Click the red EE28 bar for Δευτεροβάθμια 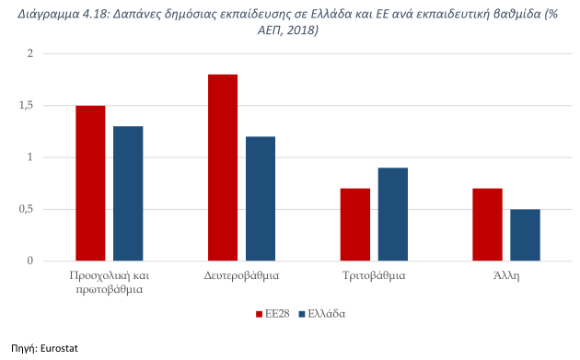(223, 168)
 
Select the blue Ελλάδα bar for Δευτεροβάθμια (261, 199)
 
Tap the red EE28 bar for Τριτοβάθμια (354, 225)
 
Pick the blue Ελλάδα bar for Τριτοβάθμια (392, 215)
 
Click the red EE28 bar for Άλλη (487, 225)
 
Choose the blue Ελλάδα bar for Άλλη (525, 235)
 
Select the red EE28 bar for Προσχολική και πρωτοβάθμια (90, 183)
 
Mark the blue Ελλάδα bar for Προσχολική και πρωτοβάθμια (128, 193)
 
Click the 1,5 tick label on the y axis (51, 106)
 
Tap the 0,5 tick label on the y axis (51, 209)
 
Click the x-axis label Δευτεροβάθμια (241, 275)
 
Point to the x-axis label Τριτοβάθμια (374, 275)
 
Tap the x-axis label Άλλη (505, 275)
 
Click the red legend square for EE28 (259, 314)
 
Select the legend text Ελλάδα (327, 314)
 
